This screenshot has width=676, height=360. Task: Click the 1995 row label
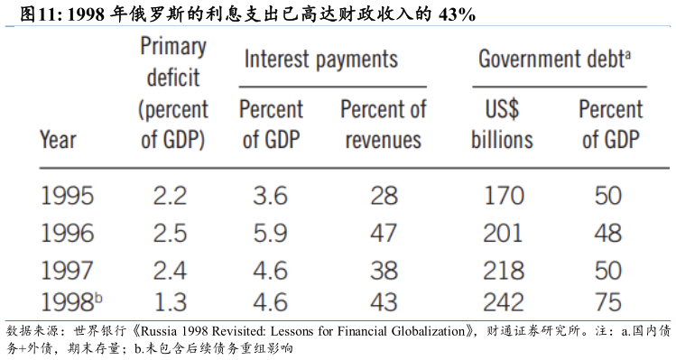67,196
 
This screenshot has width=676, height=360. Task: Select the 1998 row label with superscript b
71,301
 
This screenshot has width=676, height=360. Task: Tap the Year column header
58,140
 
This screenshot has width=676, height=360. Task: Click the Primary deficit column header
173,94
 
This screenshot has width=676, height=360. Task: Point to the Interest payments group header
320,60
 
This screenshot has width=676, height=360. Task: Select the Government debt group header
554,59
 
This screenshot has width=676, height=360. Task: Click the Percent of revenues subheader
384,125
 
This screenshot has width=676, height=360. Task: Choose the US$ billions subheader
502,125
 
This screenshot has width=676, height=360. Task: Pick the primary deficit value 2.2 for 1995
170,196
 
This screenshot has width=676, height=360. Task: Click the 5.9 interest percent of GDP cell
270,234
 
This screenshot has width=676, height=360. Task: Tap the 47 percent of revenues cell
384,234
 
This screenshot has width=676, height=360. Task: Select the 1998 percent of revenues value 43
384,301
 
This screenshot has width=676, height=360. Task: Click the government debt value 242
503,301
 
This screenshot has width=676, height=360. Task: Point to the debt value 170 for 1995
504,196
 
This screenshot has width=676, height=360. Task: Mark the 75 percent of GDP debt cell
608,301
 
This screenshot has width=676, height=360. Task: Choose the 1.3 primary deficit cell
171,301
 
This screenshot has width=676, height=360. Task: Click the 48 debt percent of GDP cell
608,234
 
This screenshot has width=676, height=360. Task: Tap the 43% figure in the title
457,14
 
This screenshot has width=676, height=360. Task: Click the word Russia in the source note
159,331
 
